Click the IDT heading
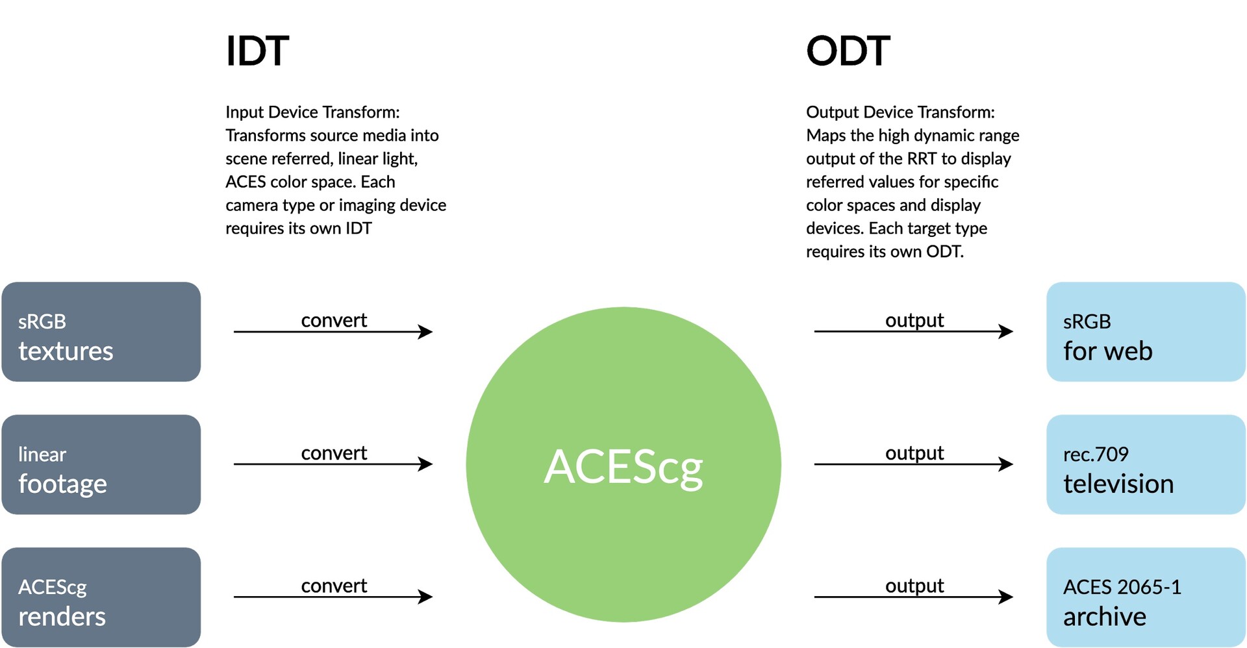257,51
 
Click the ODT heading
848,51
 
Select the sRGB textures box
101,332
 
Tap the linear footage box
101,465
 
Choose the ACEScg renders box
101,597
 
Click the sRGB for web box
1146,332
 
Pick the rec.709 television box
1146,465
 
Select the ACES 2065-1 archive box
1146,597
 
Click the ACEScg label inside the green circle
623,466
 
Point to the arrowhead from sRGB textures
426,332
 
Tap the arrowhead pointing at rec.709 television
1006,464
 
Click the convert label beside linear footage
334,453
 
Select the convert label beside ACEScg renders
334,586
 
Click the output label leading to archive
914,586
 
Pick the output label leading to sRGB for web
914,320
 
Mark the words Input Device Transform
311,112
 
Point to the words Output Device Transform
899,112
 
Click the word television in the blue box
1118,484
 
